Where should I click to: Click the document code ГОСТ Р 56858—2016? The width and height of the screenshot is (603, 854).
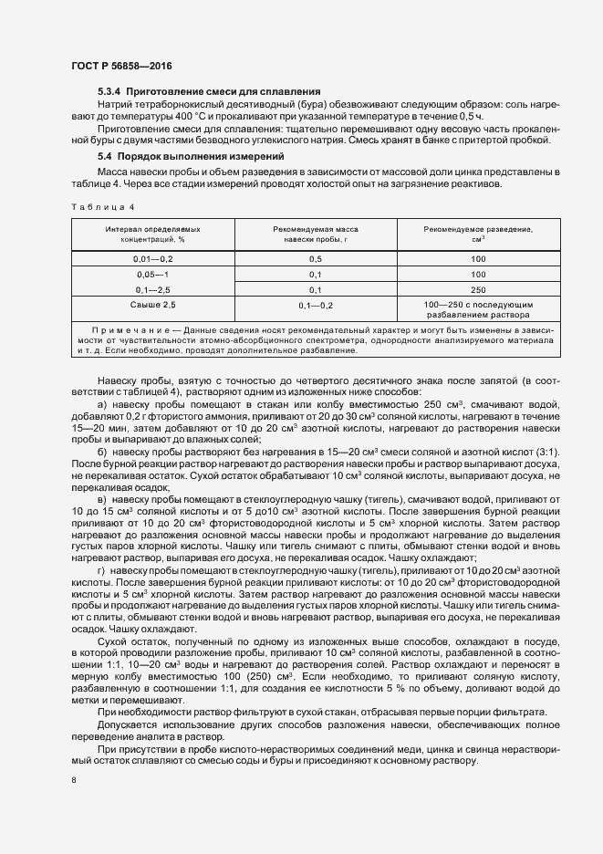120,67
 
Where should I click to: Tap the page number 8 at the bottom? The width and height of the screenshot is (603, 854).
73,780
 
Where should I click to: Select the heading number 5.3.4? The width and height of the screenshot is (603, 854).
109,92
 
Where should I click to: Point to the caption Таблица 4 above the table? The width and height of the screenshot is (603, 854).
102,207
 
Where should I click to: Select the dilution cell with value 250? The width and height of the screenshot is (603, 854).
478,288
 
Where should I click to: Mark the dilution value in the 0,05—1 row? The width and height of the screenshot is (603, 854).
478,274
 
